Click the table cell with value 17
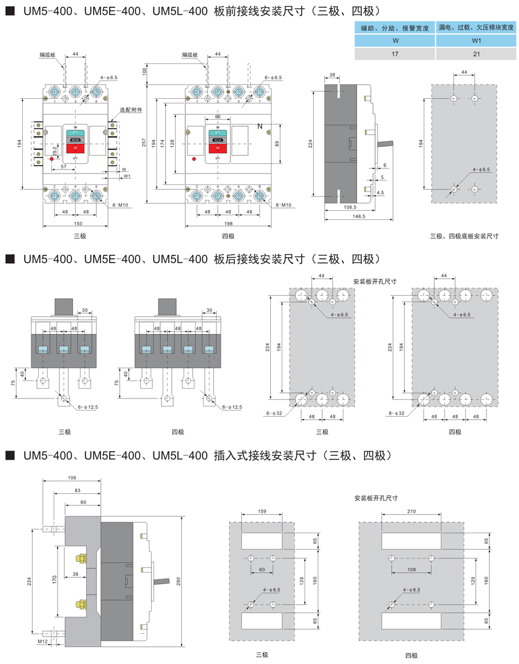395,54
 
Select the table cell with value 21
477,54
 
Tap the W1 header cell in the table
477,41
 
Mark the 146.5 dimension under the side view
359,217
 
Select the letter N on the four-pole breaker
260,126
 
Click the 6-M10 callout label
119,204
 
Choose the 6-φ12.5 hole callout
84,407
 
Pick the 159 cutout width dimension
262,512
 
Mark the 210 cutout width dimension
411,512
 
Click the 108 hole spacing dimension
411,569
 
